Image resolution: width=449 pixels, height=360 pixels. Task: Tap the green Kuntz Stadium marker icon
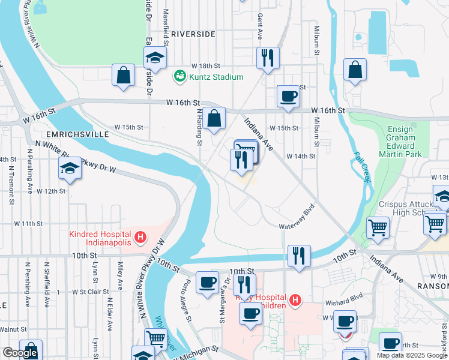(179, 76)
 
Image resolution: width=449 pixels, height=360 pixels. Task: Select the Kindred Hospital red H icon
(140, 238)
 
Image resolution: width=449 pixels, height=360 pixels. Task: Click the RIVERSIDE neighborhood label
(193, 34)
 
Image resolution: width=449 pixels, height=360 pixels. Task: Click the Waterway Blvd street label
(297, 226)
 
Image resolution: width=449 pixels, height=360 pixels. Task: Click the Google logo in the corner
(20, 353)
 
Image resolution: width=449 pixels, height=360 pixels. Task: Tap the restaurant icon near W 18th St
(267, 58)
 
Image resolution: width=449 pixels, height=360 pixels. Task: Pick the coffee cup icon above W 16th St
(289, 96)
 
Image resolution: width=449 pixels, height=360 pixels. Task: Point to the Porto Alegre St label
(187, 299)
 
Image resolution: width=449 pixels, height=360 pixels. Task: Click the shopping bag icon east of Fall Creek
(355, 70)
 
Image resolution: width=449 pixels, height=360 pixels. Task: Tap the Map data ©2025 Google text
(412, 355)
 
